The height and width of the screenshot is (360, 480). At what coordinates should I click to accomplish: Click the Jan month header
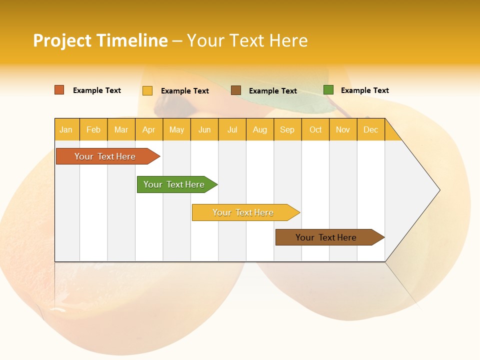coord(66,129)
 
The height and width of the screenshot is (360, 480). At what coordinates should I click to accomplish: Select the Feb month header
coord(93,129)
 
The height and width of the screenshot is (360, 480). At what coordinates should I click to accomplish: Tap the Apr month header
coord(149,129)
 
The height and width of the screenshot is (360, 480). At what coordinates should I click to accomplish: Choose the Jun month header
coord(204,129)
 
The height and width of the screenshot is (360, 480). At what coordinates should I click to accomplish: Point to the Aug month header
coord(260,129)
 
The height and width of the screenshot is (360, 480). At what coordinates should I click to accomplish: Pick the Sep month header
coord(287,129)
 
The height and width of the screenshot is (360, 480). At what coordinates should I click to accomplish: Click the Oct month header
coord(315,129)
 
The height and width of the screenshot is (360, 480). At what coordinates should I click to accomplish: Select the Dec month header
coord(371,129)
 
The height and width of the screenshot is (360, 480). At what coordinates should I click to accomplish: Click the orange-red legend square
coord(59,90)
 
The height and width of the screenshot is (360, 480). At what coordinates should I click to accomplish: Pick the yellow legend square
coord(147,90)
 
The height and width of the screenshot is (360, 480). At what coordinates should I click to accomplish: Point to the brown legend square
coord(236,90)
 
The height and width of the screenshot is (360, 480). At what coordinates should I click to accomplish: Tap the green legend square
coord(328,90)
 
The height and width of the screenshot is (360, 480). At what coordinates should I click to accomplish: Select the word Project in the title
coord(62,40)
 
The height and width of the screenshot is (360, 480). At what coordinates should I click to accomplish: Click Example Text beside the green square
coord(364,90)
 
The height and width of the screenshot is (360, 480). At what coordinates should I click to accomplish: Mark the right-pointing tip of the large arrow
coord(438,190)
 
